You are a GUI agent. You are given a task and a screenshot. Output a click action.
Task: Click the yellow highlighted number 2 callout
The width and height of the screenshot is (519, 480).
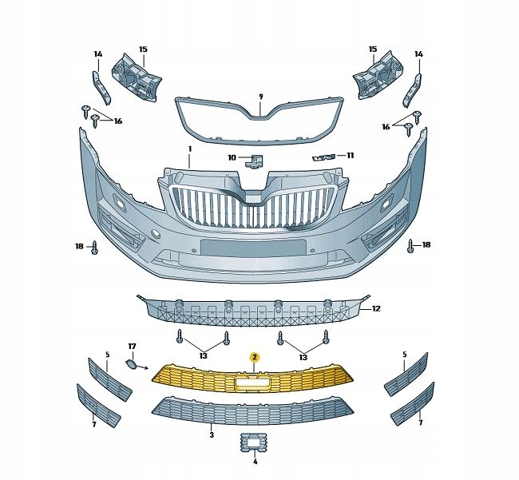point(255,357)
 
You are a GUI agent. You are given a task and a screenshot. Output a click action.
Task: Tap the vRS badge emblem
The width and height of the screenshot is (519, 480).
point(324,157)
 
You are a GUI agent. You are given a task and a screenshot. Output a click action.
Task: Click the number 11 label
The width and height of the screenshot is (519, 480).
point(351,155)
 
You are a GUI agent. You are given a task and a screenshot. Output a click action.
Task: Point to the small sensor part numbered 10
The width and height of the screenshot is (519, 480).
point(254,160)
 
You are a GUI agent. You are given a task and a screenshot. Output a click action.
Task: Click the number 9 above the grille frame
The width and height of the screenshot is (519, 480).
point(261,97)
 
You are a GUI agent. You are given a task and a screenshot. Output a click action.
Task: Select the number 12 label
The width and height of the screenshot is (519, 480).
point(376,308)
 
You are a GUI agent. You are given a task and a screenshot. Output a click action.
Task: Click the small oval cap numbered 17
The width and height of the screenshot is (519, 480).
point(129,364)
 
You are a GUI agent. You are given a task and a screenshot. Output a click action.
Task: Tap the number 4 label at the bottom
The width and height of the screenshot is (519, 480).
point(255,462)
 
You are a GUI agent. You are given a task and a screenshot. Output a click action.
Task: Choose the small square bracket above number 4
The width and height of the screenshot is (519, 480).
point(255,442)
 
